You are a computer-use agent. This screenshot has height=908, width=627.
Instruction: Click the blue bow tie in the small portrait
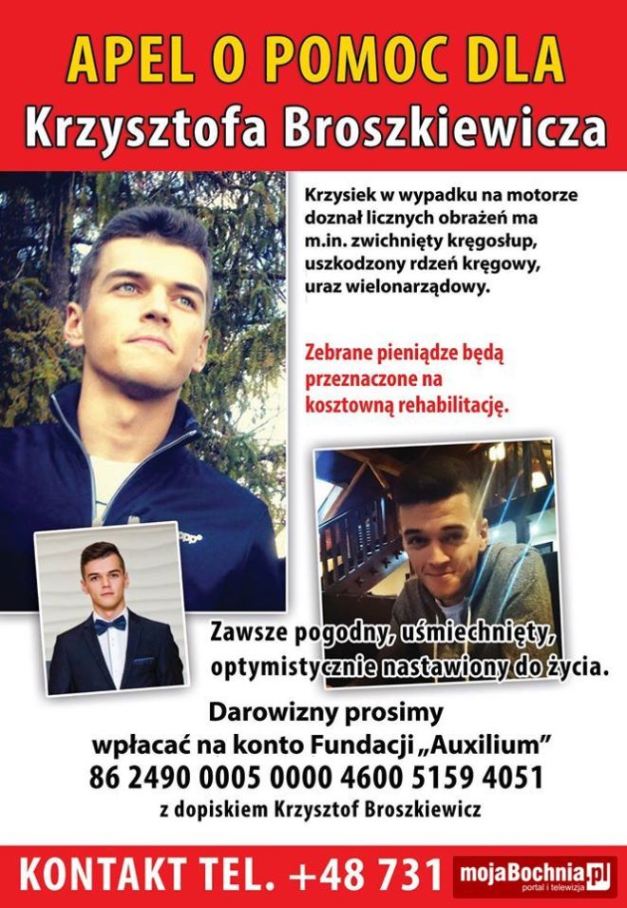coord(110,623)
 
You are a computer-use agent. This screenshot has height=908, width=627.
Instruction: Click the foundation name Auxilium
coord(500,741)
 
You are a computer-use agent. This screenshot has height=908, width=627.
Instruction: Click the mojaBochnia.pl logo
coord(531,872)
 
